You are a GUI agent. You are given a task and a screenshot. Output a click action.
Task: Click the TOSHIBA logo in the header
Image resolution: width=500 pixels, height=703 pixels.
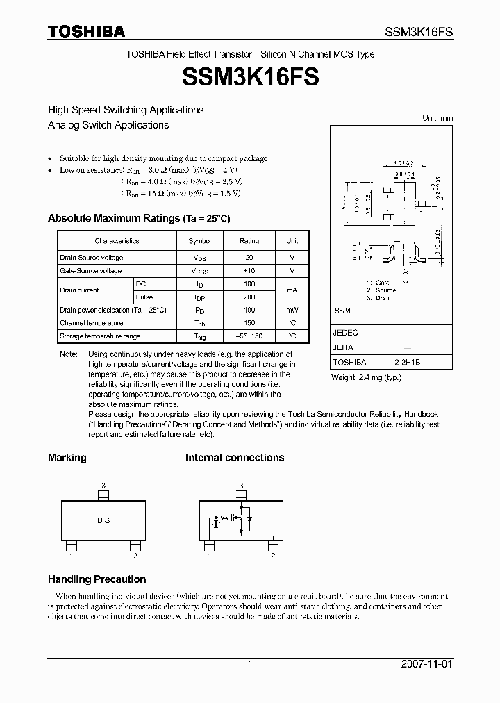[x=86, y=31]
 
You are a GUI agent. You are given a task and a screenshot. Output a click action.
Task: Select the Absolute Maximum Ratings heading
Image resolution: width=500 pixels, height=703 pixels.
[x=139, y=218]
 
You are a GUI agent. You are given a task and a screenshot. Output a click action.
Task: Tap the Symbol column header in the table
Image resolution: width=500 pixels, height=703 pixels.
[x=199, y=241]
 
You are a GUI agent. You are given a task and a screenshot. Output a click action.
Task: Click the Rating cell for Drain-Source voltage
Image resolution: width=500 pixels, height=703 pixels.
[x=249, y=258]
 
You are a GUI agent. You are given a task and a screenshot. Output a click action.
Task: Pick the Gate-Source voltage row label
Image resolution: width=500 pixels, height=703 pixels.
[x=91, y=271]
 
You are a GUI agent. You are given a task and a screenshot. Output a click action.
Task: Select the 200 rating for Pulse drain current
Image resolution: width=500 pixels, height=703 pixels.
[x=249, y=297]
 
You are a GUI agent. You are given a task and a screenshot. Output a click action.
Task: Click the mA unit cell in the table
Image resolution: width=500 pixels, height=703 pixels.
[x=292, y=290]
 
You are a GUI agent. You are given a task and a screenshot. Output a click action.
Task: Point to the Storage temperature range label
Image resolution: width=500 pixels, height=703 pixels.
[x=100, y=336]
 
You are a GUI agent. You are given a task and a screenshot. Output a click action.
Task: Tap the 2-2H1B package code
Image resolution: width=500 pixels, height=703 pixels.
[x=407, y=362]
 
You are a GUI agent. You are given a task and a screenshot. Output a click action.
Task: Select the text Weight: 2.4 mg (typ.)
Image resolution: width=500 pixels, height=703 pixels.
[x=366, y=377]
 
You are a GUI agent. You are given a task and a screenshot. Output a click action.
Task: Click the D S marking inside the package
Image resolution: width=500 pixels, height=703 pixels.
[x=103, y=520]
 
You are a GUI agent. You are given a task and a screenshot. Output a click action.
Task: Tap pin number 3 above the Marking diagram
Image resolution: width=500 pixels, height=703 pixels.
[x=103, y=485]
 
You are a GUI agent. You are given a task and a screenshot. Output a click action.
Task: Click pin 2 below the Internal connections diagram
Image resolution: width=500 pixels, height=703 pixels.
[x=272, y=556]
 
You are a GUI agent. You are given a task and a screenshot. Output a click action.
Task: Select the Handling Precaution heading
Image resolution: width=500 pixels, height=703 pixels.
[x=97, y=579]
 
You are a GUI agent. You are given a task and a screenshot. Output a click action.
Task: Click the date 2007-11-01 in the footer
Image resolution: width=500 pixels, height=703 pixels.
[x=428, y=664]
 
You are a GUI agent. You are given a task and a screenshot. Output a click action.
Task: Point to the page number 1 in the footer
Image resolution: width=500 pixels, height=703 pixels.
[x=250, y=664]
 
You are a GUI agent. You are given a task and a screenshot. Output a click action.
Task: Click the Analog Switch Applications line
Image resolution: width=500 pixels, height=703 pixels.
[x=108, y=125]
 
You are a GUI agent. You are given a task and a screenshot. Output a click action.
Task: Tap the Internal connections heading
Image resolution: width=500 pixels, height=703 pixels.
[x=235, y=458]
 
